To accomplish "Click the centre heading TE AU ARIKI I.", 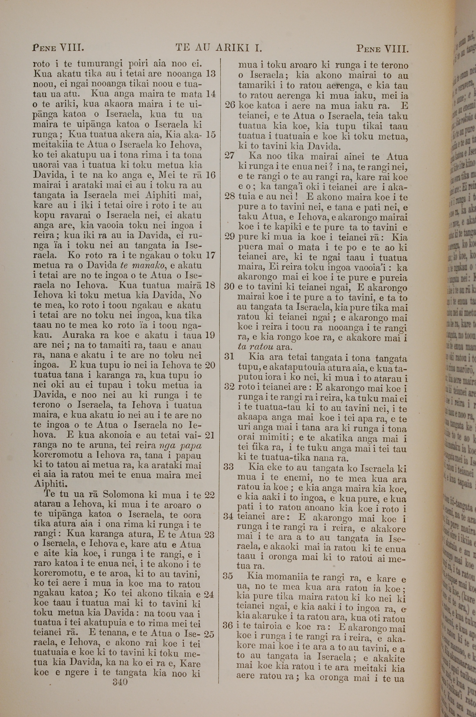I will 219,48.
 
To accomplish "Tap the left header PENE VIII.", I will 58,48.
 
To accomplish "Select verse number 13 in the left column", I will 210,74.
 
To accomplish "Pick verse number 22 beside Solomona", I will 209,495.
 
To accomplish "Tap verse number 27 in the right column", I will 229,156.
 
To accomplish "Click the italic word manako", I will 143,265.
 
